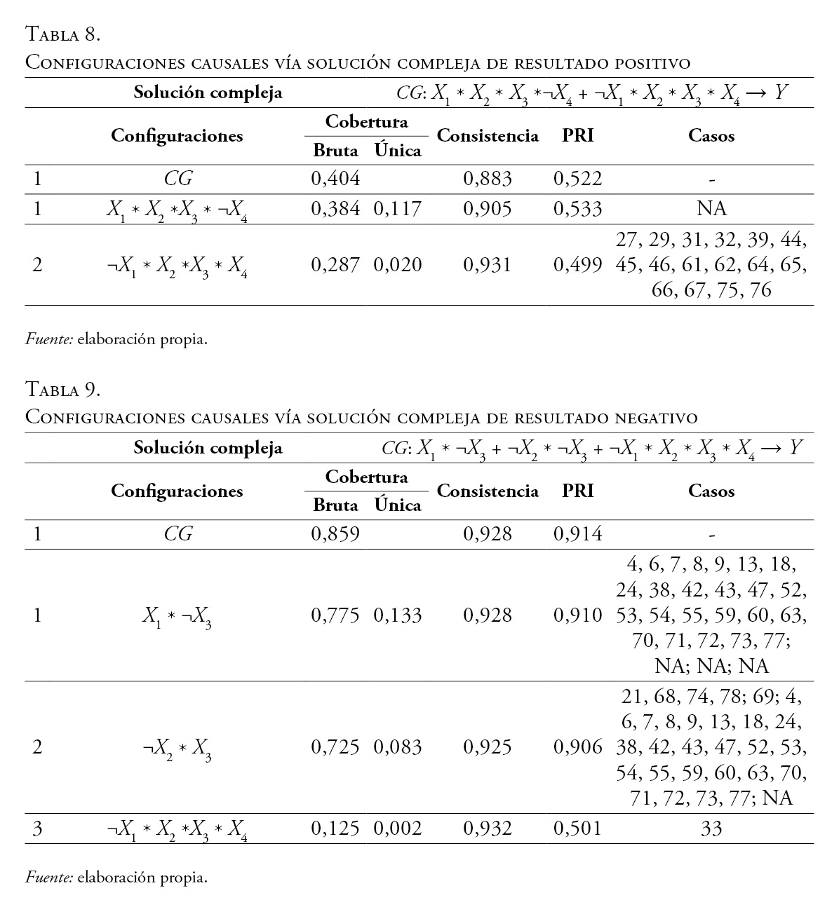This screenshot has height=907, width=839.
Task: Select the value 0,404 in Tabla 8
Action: tap(335, 179)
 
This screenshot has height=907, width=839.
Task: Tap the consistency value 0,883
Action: tap(488, 179)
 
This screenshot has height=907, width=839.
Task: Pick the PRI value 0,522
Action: tap(577, 179)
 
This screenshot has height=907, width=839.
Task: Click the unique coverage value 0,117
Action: tap(397, 208)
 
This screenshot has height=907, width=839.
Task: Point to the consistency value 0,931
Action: tap(488, 264)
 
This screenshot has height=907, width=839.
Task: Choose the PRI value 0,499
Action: tap(577, 264)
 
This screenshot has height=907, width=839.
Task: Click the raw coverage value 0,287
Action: tap(335, 264)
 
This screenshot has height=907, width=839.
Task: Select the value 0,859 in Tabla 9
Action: tap(335, 534)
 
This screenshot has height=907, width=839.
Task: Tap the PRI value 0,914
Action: tap(577, 534)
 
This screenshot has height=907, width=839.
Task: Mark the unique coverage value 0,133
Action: tap(397, 615)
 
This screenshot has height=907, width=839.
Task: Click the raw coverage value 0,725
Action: tap(335, 747)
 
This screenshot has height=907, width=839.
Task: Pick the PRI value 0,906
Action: tap(577, 747)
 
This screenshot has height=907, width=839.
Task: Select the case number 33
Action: tap(711, 828)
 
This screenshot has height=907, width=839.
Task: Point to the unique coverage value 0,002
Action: tap(397, 828)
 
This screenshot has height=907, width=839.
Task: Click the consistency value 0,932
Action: tap(488, 828)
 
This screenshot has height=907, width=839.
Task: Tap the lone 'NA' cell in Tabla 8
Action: tap(711, 208)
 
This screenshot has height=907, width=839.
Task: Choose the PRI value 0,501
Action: tap(577, 828)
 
